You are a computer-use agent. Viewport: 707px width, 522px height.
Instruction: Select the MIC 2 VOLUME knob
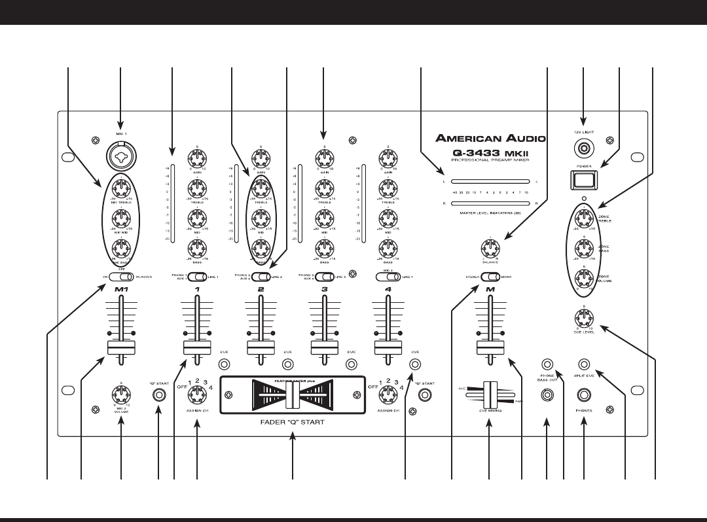pos(120,395)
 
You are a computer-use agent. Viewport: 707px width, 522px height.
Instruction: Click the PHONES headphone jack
pos(584,395)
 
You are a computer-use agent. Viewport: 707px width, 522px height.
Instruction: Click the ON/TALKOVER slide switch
pos(120,277)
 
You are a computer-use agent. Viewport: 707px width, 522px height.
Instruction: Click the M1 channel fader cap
pos(120,347)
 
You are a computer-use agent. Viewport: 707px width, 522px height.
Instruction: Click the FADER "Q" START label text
pos(293,423)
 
